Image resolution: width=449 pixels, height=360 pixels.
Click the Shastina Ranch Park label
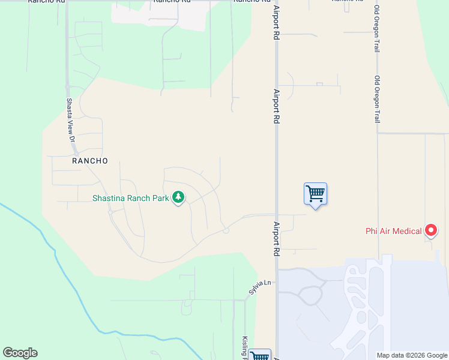point(131,198)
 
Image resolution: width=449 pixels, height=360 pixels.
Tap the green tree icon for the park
point(178,197)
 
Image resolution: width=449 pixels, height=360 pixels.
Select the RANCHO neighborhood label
point(90,161)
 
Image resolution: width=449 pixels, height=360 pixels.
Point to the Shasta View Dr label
point(70,120)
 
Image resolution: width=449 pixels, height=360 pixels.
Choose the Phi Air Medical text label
point(394,231)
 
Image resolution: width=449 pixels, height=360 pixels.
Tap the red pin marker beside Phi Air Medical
point(430,229)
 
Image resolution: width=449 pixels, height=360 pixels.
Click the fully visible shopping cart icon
point(315,194)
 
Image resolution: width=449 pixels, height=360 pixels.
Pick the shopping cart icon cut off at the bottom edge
point(260,355)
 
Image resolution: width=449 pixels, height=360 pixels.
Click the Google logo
point(20,353)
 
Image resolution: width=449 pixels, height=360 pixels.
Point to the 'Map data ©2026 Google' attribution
point(412,355)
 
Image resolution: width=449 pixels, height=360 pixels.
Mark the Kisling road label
point(245,347)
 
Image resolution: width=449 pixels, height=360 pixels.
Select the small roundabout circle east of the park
point(226,230)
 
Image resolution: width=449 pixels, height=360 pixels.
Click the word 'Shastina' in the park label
point(108,198)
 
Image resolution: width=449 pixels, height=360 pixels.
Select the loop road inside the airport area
point(310,296)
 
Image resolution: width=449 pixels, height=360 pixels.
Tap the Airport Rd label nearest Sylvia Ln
point(276,239)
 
